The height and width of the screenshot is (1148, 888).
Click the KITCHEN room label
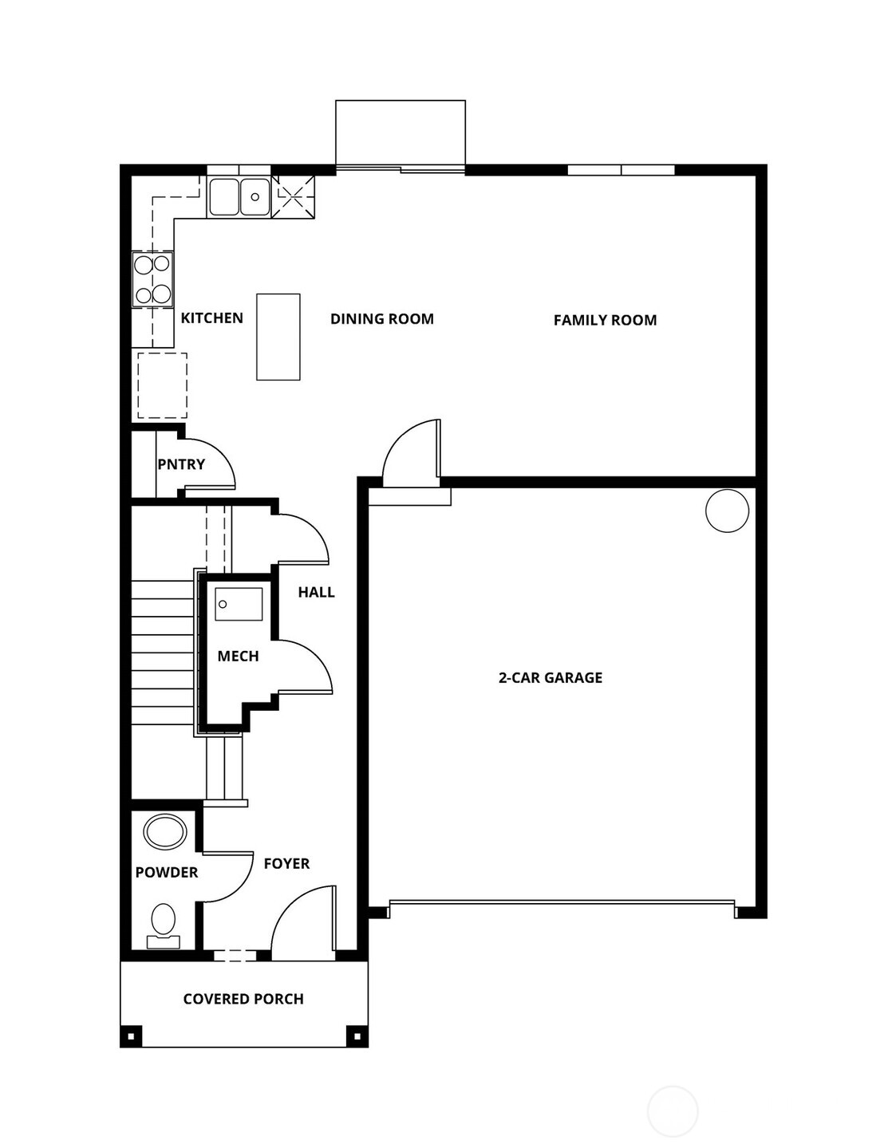pyautogui.click(x=211, y=318)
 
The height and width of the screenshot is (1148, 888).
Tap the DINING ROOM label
pyautogui.click(x=381, y=319)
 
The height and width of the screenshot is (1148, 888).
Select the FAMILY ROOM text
pyautogui.click(x=605, y=321)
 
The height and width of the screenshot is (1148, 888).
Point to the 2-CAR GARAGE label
pyautogui.click(x=550, y=678)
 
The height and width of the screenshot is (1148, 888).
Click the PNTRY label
pyautogui.click(x=181, y=464)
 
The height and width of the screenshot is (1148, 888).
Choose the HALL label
pyautogui.click(x=316, y=592)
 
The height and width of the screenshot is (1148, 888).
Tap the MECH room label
pyautogui.click(x=238, y=657)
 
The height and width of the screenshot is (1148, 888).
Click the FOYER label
pyautogui.click(x=286, y=864)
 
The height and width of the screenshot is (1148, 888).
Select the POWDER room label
pyautogui.click(x=166, y=873)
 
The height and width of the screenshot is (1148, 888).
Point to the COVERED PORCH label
pyautogui.click(x=243, y=999)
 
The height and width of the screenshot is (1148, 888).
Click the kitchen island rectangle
pyautogui.click(x=278, y=337)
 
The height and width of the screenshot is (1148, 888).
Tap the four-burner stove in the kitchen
pyautogui.click(x=152, y=279)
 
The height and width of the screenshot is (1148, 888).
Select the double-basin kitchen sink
pyautogui.click(x=239, y=197)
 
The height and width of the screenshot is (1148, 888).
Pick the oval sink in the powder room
pyautogui.click(x=165, y=831)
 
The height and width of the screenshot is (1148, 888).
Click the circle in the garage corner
pyautogui.click(x=727, y=510)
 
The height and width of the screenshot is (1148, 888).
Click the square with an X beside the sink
pyautogui.click(x=293, y=197)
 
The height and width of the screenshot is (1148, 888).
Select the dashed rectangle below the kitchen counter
pyautogui.click(x=163, y=385)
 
